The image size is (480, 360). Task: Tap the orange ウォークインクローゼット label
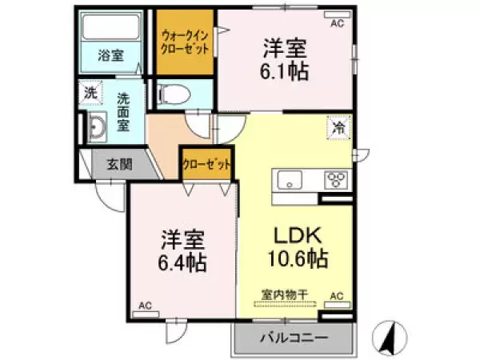(x=185, y=42)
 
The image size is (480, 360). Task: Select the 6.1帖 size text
(x=285, y=70)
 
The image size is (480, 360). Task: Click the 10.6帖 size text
(x=298, y=259)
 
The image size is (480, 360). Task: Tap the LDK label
(x=298, y=236)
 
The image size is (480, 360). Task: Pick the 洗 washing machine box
(x=91, y=93)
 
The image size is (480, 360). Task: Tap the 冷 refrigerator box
(x=338, y=126)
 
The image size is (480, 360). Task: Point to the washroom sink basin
(x=97, y=129)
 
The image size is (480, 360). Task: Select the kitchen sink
(x=288, y=180)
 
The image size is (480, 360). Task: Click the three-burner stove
(x=334, y=180)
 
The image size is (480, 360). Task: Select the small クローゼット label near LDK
(x=207, y=164)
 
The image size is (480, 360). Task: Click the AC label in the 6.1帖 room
(x=336, y=24)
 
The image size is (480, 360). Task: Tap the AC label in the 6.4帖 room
(x=146, y=305)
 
